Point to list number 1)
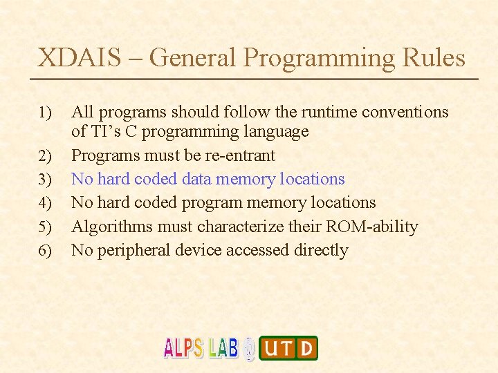tap(46, 113)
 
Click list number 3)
tap(46, 180)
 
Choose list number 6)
tap(46, 251)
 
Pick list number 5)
tap(46, 227)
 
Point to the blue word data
tap(197, 179)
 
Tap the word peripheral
tap(133, 250)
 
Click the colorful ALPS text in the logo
tap(185, 348)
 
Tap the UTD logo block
tap(288, 348)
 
